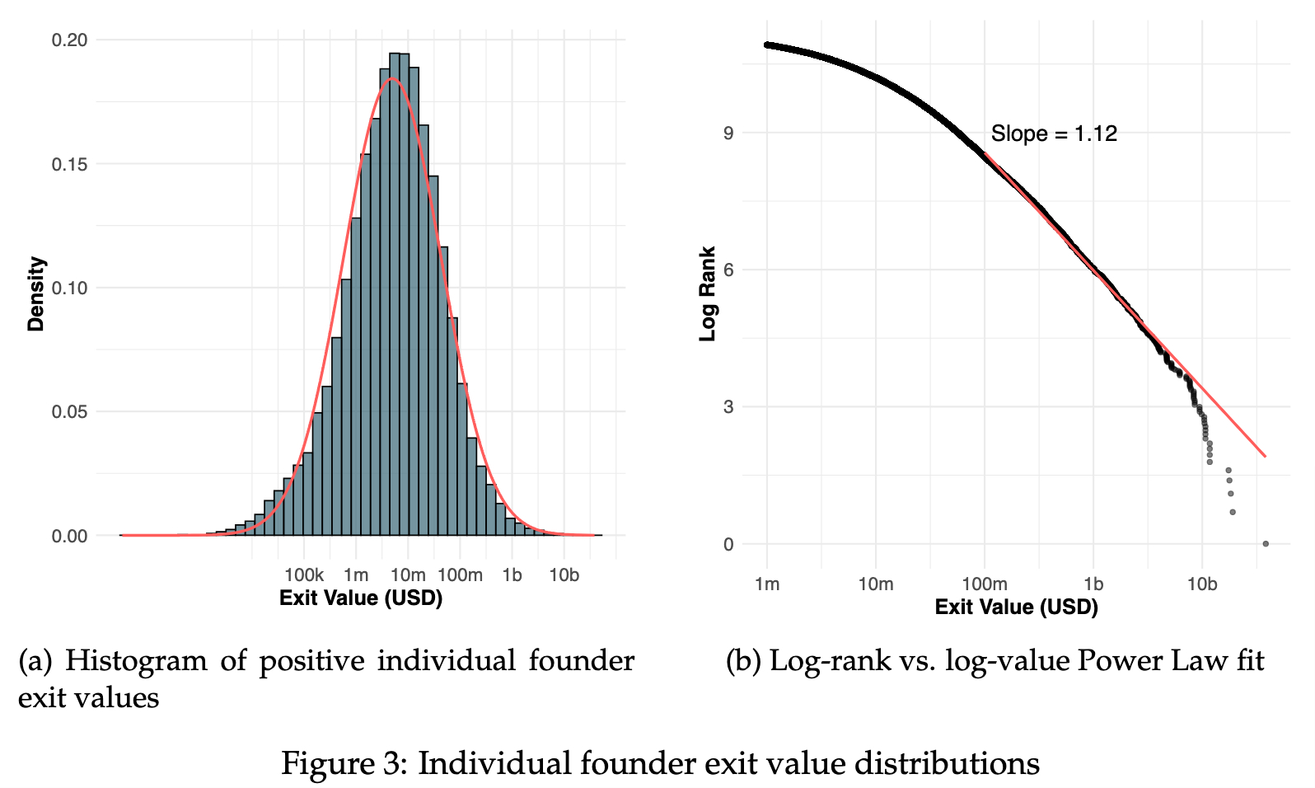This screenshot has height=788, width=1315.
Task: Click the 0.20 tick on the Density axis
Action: (x=69, y=40)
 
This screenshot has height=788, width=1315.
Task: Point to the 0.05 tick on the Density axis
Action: (x=69, y=411)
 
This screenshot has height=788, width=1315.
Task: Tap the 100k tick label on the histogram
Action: (x=304, y=575)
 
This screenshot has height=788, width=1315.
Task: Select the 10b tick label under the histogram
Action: (x=564, y=575)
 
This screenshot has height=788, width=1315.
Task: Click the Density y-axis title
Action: (x=35, y=293)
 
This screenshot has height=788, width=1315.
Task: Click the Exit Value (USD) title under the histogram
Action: (x=361, y=598)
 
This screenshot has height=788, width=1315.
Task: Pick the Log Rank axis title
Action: (x=708, y=293)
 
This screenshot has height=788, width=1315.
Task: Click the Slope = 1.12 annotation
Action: (x=1054, y=134)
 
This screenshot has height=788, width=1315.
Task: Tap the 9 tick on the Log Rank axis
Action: (x=728, y=133)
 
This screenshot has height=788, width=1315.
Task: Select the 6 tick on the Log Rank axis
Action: (x=728, y=270)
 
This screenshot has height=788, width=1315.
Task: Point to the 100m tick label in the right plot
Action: (x=984, y=584)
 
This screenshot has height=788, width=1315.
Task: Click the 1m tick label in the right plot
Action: (x=767, y=584)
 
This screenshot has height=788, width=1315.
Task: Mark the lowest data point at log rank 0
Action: (x=1266, y=543)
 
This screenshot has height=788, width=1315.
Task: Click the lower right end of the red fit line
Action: (x=1264, y=455)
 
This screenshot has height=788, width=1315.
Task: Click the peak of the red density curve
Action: (x=393, y=79)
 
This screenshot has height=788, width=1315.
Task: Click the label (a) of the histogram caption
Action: (x=35, y=661)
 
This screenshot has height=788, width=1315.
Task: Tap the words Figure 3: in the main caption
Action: (x=344, y=763)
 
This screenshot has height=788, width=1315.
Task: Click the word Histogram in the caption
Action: (x=136, y=661)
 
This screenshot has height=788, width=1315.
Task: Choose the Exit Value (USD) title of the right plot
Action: (x=1016, y=607)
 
